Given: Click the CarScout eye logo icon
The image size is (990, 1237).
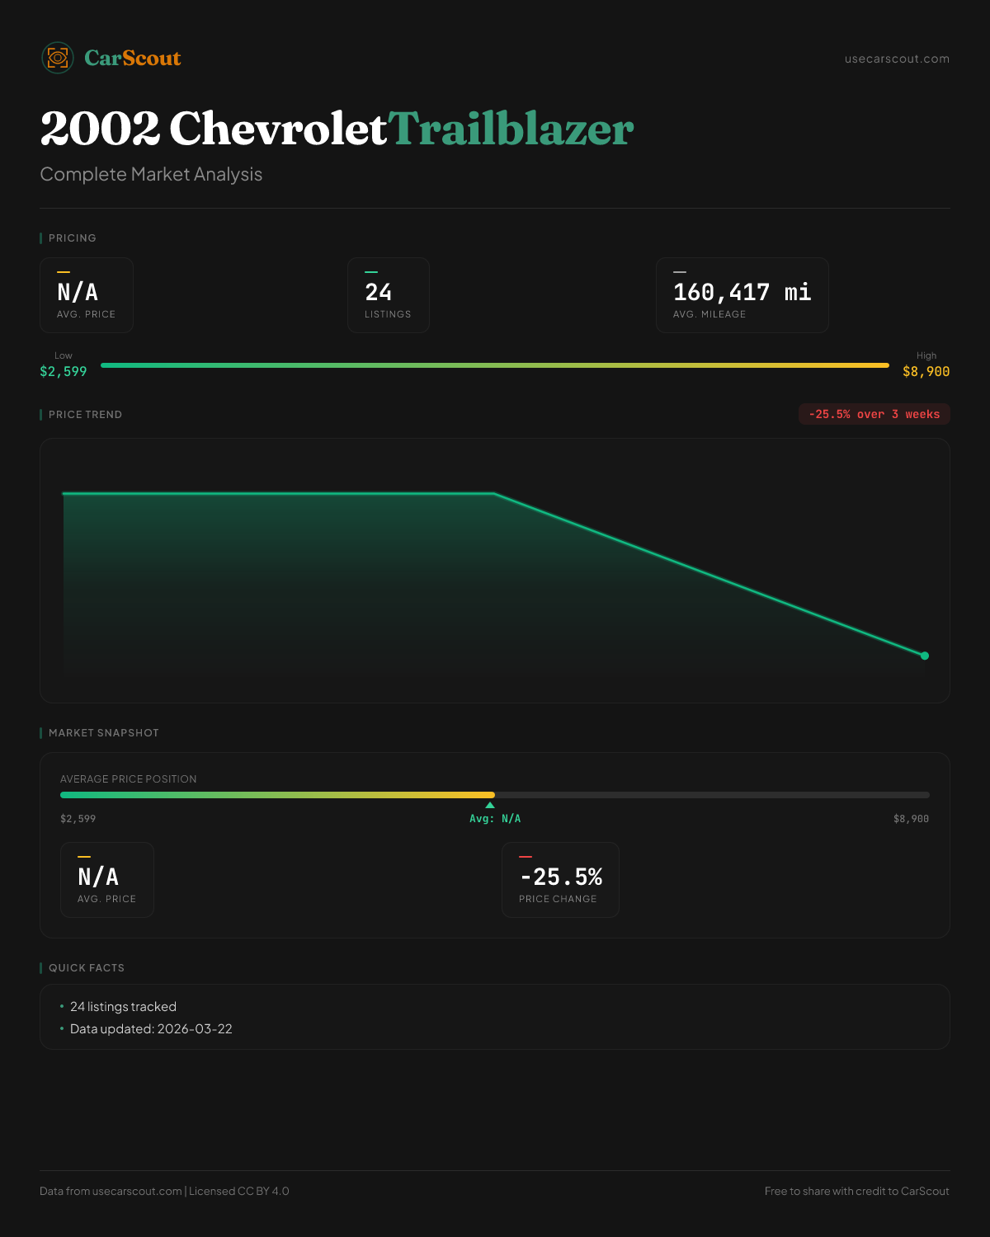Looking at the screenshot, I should pos(58,58).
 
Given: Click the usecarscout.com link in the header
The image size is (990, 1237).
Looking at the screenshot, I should pos(897,59).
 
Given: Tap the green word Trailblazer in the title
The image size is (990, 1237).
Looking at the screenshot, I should pos(511,129).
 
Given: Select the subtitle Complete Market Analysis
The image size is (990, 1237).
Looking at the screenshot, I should pos(151,174).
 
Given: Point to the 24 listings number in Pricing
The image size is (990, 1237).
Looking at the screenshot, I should pos(379,292).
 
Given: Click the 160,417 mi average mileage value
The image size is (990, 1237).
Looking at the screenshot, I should pos(742,292).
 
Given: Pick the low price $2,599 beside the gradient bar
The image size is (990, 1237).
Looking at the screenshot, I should pos(64,371).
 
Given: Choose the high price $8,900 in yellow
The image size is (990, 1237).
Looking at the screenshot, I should pos(926,371).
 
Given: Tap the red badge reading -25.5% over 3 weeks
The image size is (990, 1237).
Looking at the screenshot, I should pos(874,414).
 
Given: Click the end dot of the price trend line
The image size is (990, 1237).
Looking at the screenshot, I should pos(925,656).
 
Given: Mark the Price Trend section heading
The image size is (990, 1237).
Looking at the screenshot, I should pos(85,415).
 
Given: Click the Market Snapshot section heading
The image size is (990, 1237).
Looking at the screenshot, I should pos(103,733).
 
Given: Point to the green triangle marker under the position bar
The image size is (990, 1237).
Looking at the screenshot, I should pos(490,805).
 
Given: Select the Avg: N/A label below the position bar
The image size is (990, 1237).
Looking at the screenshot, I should pos(495,819).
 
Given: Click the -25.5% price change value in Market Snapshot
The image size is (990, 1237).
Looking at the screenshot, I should pos(561,877).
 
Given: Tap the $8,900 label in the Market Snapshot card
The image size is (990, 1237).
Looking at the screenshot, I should pos(911,819).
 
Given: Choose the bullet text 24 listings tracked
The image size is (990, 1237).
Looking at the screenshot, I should pos(123,1007).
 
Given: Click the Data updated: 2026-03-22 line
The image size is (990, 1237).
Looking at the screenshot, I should pos(151,1029).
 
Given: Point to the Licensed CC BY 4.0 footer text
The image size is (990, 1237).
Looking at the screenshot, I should pos(239,1191).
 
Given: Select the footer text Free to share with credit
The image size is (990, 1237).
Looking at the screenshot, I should pos(856,1191).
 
